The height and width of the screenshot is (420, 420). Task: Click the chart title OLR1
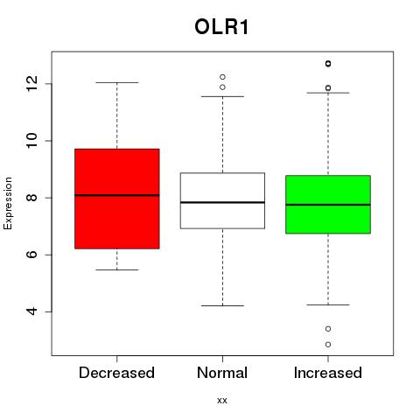(x=221, y=27)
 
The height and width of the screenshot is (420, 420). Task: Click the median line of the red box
(x=117, y=195)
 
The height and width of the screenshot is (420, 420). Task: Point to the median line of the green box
(x=328, y=205)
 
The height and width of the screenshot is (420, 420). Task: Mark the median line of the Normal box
(x=222, y=202)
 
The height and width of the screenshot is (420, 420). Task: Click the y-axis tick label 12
(x=31, y=83)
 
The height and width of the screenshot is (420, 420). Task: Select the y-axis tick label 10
(x=31, y=141)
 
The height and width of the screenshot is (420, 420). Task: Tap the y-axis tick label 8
(x=31, y=198)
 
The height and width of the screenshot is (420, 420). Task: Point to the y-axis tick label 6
(x=31, y=255)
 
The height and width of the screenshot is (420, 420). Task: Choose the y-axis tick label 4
(x=31, y=311)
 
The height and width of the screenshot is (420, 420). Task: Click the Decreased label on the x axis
(x=116, y=373)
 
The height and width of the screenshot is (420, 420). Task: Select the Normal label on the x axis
(x=222, y=373)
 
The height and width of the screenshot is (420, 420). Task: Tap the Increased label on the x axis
(x=328, y=373)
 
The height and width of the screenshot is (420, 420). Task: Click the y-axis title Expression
(x=8, y=203)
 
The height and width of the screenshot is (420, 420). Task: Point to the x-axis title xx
(x=222, y=401)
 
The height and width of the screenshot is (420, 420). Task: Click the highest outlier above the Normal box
(x=222, y=77)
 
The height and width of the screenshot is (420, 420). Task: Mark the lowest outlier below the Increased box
(x=328, y=345)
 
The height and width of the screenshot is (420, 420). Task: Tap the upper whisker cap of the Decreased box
(x=117, y=82)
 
